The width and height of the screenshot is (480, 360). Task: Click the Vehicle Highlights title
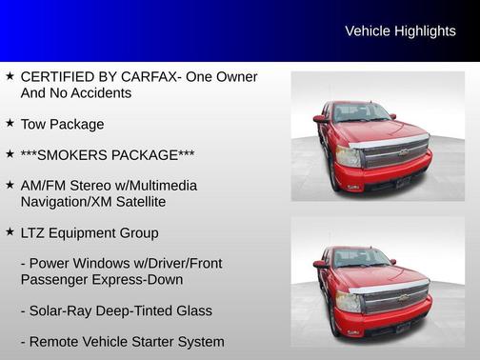(x=400, y=31)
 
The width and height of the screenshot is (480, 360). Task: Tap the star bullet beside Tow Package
(x=10, y=124)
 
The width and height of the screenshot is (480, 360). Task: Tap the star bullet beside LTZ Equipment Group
(x=10, y=232)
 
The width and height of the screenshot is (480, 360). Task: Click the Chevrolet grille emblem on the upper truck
(x=403, y=151)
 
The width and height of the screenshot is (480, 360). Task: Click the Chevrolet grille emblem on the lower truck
(x=403, y=296)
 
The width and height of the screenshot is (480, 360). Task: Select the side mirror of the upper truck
(x=320, y=119)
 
